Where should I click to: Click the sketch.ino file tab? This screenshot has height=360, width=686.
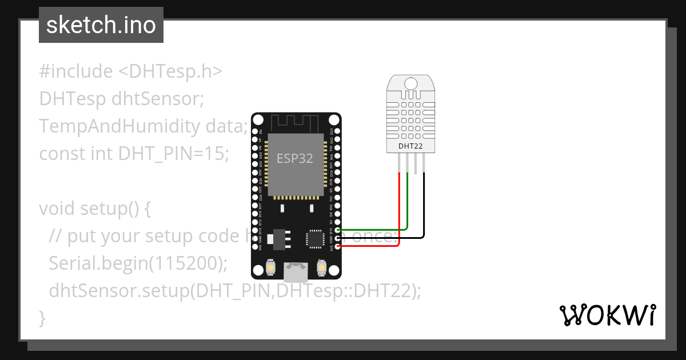[x=101, y=25]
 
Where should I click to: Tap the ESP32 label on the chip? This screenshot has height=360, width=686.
[x=295, y=158]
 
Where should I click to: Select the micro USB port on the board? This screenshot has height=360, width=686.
[x=296, y=272]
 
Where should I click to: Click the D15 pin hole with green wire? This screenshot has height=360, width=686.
[x=338, y=230]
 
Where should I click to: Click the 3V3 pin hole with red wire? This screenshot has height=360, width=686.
[x=338, y=246]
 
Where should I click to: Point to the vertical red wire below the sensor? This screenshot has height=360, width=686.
[x=398, y=206]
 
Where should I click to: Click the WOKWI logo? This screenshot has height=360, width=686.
[x=607, y=315]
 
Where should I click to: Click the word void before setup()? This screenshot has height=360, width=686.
[x=57, y=209]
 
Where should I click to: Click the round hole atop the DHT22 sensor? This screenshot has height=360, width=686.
[x=411, y=83]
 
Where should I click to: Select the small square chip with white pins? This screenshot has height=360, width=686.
[x=316, y=239]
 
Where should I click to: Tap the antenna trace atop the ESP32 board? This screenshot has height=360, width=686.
[x=296, y=122]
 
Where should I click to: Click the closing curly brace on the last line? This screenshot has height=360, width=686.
[x=42, y=317]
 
